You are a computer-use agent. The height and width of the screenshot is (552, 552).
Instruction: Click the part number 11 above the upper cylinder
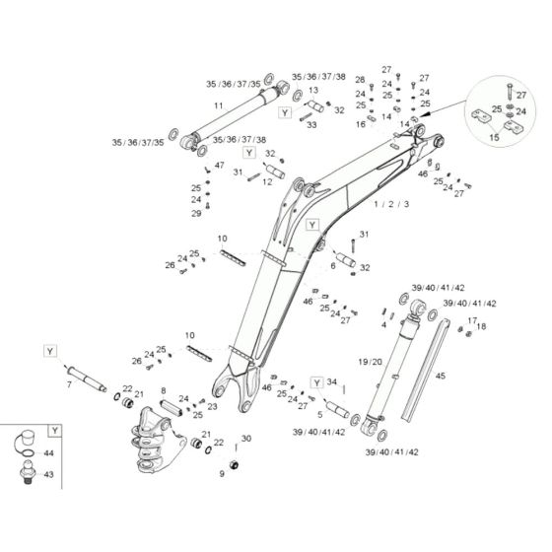[x=218, y=104]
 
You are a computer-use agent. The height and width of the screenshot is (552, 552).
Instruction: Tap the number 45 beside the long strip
[x=441, y=375]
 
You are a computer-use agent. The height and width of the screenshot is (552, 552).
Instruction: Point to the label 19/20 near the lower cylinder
[x=371, y=362]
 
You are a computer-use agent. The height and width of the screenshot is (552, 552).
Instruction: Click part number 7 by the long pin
[x=69, y=383]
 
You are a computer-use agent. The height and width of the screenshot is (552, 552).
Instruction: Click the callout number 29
[x=196, y=213]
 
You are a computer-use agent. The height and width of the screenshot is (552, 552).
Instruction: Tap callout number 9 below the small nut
[x=223, y=473]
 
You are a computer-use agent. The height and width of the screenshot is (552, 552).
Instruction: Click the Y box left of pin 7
[x=47, y=350]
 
